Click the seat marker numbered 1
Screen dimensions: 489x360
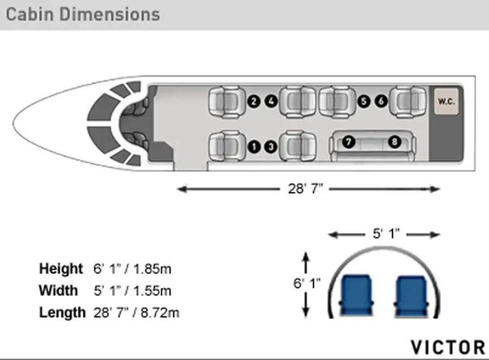(x=254, y=146)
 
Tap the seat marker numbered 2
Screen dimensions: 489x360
(x=254, y=102)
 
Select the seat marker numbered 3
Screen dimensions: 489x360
(x=271, y=146)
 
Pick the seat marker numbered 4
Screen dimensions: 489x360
(x=271, y=101)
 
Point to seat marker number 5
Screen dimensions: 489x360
(x=364, y=102)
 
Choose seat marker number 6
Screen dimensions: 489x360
(x=381, y=101)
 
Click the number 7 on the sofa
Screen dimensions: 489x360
(x=349, y=142)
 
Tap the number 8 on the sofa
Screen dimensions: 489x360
(x=394, y=142)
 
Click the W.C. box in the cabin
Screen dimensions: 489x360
(x=446, y=101)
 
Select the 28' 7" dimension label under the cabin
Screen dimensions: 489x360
(x=305, y=188)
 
